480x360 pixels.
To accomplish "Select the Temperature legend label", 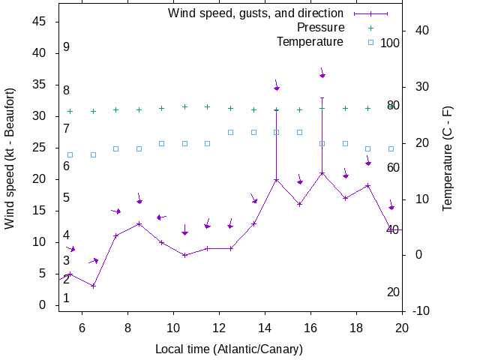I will click(x=310, y=42).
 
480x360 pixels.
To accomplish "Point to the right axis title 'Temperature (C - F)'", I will click(x=448, y=158).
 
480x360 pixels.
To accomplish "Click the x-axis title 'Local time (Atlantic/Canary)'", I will click(x=229, y=349).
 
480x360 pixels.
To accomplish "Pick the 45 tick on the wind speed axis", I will click(x=40, y=22).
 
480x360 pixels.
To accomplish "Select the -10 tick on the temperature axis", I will click(x=421, y=310).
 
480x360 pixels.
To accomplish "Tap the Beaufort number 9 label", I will click(x=67, y=47).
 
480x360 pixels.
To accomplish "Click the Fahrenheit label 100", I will click(x=390, y=43).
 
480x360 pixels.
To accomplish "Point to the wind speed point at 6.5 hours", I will click(x=93, y=286).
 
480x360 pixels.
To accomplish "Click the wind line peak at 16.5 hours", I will click(x=322, y=173).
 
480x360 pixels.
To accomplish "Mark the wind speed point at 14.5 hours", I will click(x=277, y=180).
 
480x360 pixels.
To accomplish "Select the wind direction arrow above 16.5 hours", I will click(x=322, y=74).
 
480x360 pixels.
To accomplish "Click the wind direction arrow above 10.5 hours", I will click(x=184, y=232).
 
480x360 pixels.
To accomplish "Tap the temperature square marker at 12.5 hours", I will click(x=231, y=132).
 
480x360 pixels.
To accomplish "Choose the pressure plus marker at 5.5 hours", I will click(x=70, y=111).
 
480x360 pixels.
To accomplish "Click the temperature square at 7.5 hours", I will click(x=116, y=148).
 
